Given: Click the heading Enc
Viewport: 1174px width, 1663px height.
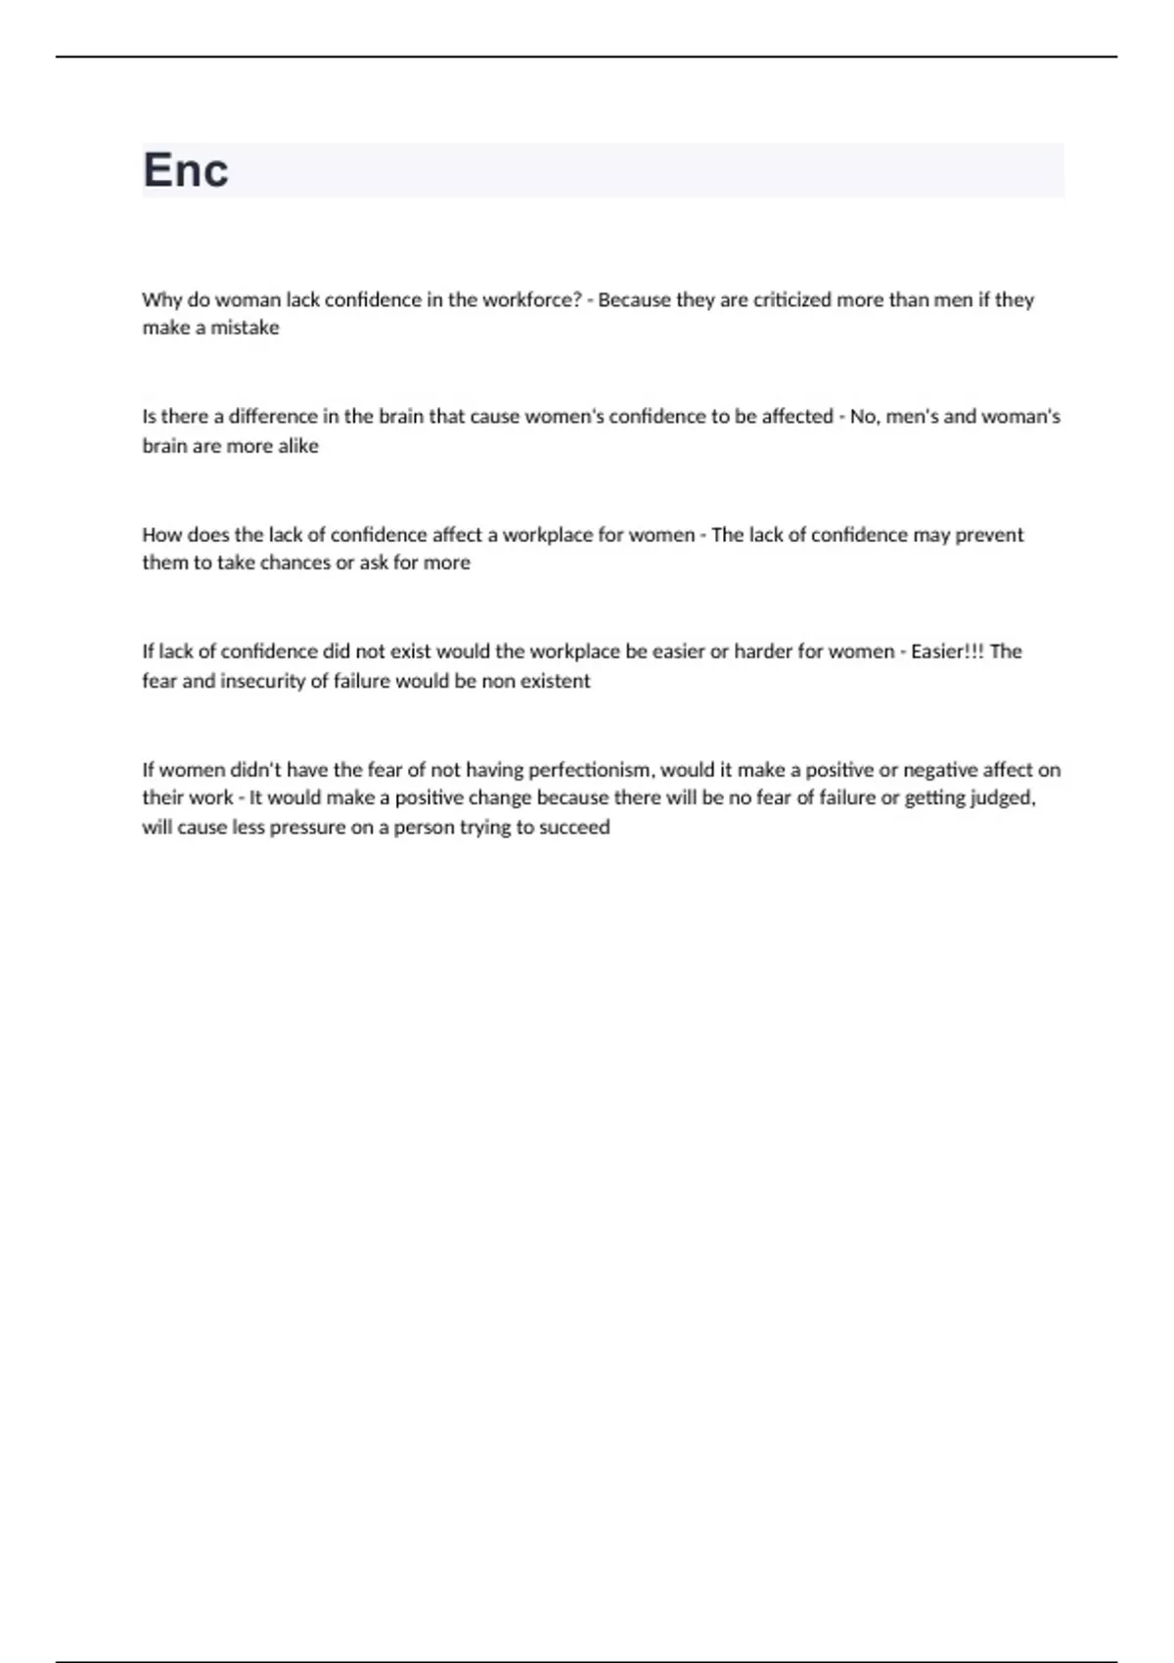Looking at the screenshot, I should pos(186,170).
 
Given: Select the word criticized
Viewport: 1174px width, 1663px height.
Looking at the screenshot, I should pos(791,299).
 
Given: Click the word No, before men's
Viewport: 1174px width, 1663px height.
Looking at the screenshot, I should pos(865,417).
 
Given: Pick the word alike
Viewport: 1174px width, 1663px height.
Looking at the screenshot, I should pos(298,446).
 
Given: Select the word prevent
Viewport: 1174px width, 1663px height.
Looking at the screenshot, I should pos(989,535).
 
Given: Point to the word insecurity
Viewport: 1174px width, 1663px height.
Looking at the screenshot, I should pos(262,681).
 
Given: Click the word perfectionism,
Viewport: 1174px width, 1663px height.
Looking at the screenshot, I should pos(591,770).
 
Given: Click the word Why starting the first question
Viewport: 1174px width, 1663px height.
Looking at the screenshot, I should pos(161,299).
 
